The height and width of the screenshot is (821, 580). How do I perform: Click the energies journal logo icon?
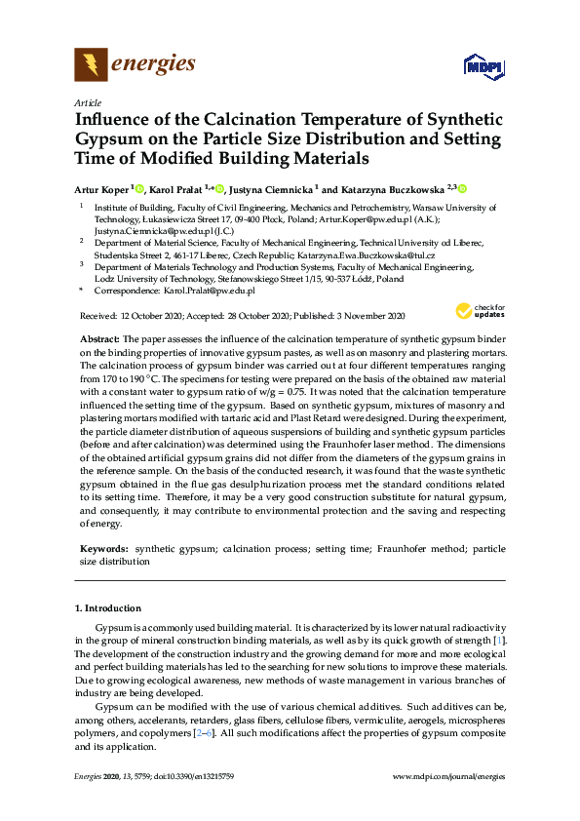(x=92, y=64)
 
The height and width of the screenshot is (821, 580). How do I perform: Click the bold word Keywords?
(x=103, y=550)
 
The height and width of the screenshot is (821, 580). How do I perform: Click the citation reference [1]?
(x=499, y=640)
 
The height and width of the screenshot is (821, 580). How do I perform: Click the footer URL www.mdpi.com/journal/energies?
(x=448, y=776)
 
